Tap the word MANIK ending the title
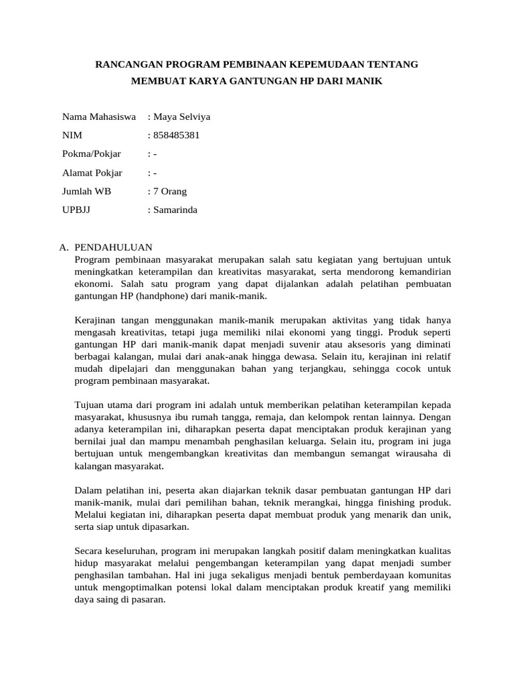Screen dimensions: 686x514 coord(365,81)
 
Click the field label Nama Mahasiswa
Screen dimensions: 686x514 coord(99,117)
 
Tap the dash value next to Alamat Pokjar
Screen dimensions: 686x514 coord(155,173)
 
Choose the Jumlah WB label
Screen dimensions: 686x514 coord(87,192)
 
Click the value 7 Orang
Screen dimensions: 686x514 coord(170,192)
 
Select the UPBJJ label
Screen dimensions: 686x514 coord(76,210)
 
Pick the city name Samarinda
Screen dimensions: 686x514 coord(175,210)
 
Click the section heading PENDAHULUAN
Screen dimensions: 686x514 coord(114,247)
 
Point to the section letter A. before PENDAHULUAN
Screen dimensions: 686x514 coord(65,247)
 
